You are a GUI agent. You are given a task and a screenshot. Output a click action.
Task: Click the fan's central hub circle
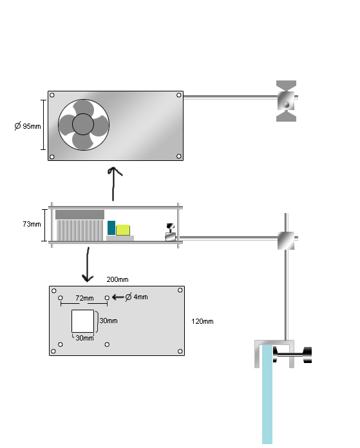click(x=83, y=124)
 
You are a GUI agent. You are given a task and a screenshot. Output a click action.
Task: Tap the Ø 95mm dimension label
click(x=28, y=126)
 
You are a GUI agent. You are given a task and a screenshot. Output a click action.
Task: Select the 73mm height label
click(x=32, y=224)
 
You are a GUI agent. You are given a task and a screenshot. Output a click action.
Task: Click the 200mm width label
click(x=117, y=279)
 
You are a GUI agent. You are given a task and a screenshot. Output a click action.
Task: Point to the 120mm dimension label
click(x=202, y=321)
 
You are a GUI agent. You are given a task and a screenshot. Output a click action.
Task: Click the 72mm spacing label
click(x=84, y=298)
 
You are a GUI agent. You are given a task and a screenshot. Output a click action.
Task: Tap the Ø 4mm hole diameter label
click(x=137, y=297)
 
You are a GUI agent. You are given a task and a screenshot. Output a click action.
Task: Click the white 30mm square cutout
click(x=82, y=321)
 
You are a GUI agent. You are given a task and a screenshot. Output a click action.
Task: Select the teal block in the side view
click(x=111, y=228)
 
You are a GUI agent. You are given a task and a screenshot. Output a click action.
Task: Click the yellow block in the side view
click(x=123, y=230)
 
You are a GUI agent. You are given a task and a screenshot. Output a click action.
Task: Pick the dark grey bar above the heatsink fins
click(x=80, y=214)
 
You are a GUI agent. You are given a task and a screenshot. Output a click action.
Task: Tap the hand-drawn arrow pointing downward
click(x=88, y=265)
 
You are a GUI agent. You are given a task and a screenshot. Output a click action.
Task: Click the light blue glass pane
click(x=267, y=395)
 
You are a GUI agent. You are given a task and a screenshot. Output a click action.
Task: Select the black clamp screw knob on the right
click(x=307, y=355)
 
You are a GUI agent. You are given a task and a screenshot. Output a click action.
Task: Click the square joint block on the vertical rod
click(x=286, y=241)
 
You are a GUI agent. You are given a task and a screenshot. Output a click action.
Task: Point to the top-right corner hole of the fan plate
click(x=179, y=95)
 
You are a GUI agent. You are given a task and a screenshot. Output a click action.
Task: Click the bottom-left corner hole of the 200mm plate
click(x=53, y=351)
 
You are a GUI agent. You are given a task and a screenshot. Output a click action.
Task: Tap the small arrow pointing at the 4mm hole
click(x=118, y=297)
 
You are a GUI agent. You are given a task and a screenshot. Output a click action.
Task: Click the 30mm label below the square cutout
click(x=84, y=338)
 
